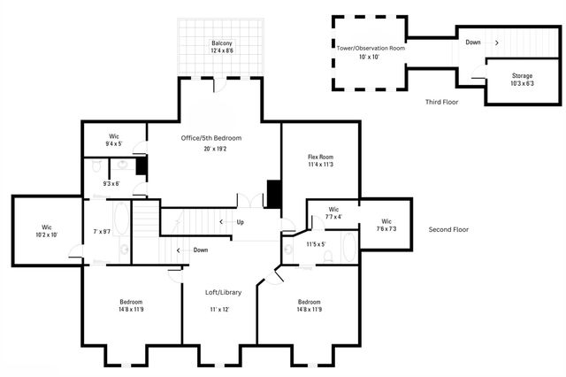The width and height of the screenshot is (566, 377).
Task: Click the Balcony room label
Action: pos(222,43)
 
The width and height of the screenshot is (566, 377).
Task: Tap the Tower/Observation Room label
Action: pos(371,48)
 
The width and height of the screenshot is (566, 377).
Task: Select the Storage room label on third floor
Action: pos(522,76)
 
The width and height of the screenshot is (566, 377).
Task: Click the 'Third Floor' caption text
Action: pos(440,102)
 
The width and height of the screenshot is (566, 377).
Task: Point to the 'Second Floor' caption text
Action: pos(448,229)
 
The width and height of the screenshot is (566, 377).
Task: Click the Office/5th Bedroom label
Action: pos(211,138)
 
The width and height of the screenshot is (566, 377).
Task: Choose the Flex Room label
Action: pos(320,158)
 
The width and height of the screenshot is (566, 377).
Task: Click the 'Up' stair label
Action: pos(240,222)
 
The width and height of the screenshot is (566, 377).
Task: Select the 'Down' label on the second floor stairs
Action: pos(201,250)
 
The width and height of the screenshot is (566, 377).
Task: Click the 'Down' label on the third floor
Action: pos(474,42)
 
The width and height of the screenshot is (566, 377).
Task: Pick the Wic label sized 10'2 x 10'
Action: pos(47,227)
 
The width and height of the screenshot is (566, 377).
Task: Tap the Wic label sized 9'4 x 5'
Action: pos(114,136)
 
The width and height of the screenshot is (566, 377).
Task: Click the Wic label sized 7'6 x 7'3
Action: pos(386,221)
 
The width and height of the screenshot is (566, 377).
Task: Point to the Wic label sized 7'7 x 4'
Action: pos(333,210)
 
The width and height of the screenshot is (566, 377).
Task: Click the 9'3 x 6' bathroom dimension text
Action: pos(111,183)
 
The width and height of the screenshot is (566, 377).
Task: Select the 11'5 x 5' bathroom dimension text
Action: pos(316,244)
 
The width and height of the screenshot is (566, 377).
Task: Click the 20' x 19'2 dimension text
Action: pos(212,150)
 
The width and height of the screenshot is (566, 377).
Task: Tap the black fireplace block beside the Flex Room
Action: pos(274,195)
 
